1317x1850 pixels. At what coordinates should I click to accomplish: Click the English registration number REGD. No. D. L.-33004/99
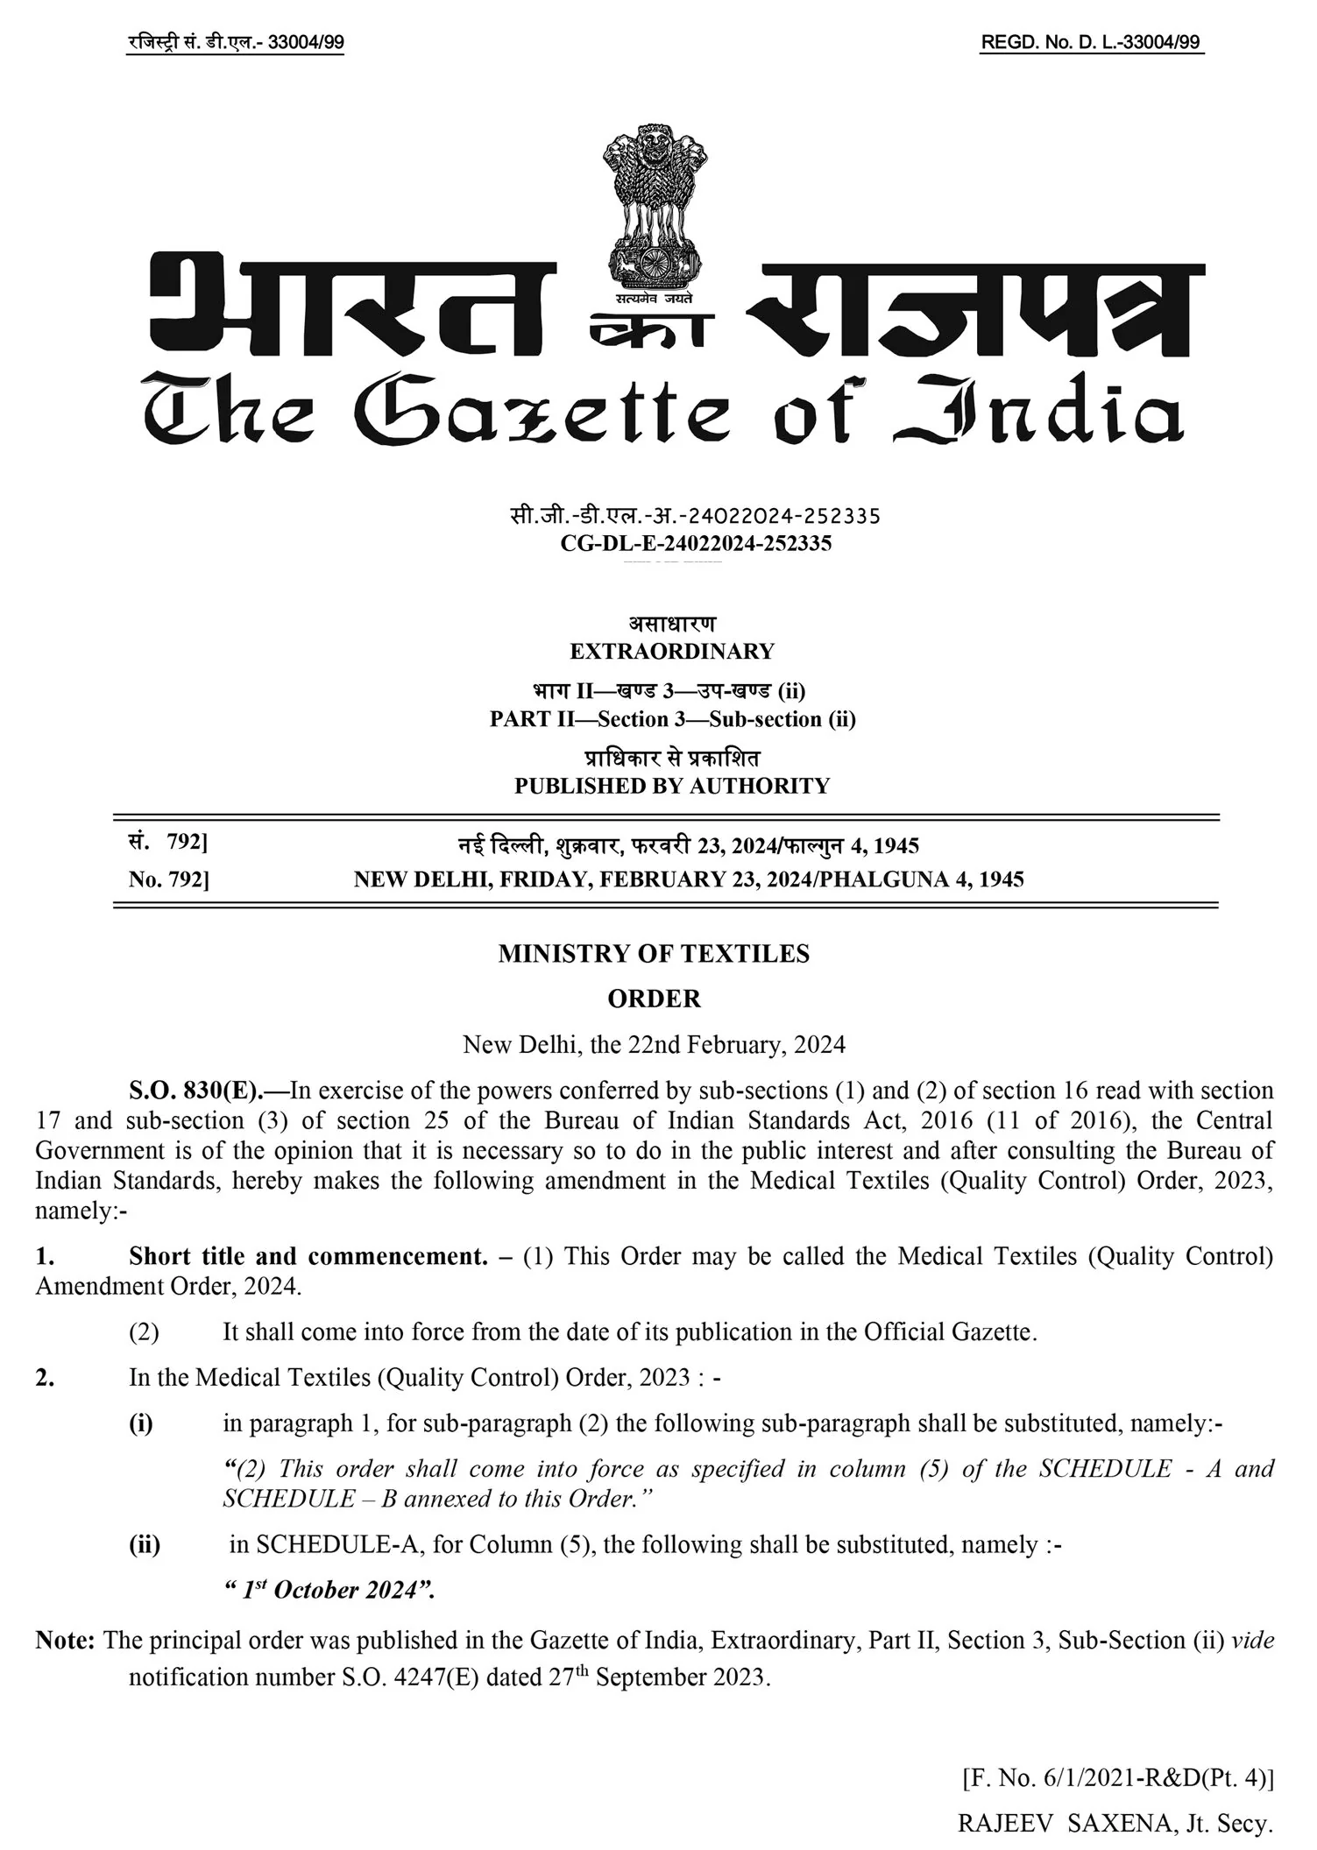pyautogui.click(x=1091, y=43)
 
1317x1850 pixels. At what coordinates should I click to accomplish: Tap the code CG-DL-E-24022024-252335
pyautogui.click(x=696, y=543)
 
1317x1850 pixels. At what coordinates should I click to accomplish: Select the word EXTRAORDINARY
pyautogui.click(x=672, y=652)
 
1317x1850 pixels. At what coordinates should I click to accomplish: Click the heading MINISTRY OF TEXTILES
pyautogui.click(x=654, y=954)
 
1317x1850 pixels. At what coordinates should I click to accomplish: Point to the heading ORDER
pyautogui.click(x=655, y=999)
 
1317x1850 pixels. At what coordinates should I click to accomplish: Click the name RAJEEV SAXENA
pyautogui.click(x=1065, y=1824)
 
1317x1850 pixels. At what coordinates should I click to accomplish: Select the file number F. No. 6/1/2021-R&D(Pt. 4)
pyautogui.click(x=1117, y=1778)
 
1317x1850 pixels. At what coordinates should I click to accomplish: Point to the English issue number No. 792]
pyautogui.click(x=168, y=879)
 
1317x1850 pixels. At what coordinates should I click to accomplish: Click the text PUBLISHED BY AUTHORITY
pyautogui.click(x=672, y=786)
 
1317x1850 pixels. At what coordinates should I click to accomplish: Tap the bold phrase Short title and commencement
pyautogui.click(x=308, y=1256)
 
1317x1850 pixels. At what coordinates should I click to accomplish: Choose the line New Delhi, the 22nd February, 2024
pyautogui.click(x=654, y=1044)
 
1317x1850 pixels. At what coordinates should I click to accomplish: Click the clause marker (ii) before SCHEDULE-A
pyautogui.click(x=145, y=1544)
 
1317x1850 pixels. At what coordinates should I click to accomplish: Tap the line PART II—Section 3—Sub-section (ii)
pyautogui.click(x=672, y=719)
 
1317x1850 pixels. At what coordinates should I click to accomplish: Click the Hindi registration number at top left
pyautogui.click(x=235, y=43)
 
